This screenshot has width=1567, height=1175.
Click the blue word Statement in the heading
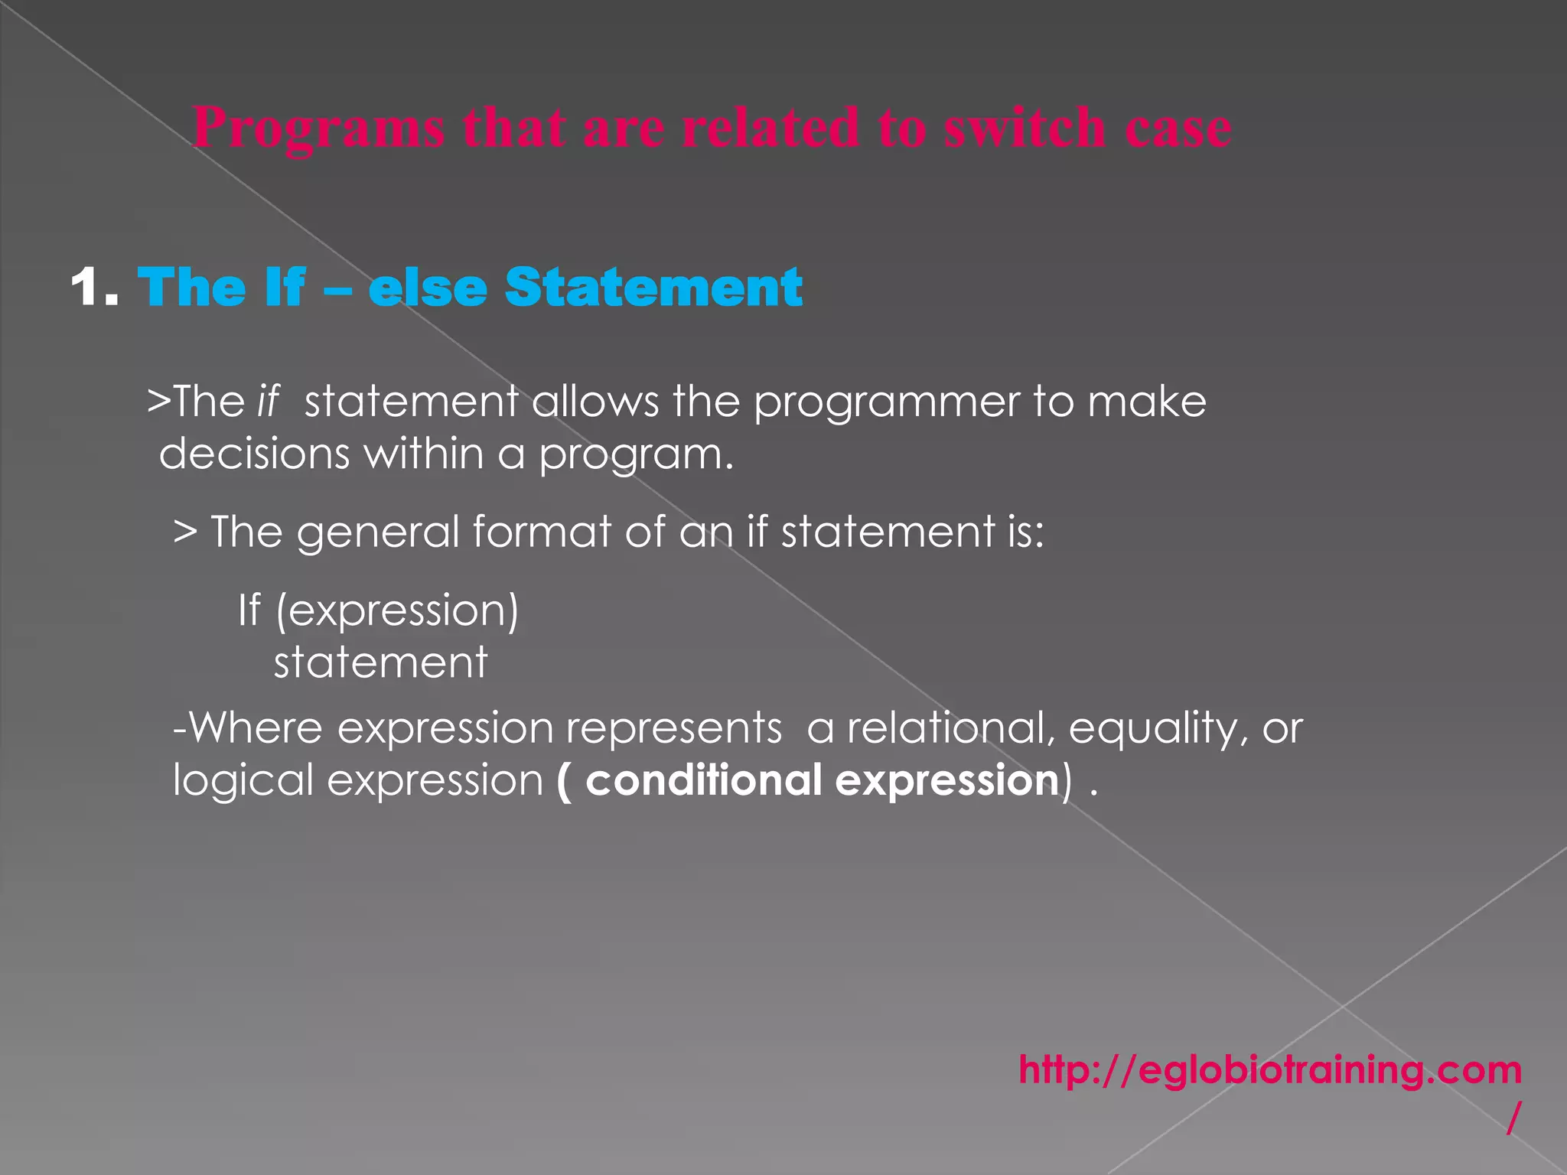(x=653, y=288)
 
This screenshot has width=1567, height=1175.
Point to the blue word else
(x=428, y=288)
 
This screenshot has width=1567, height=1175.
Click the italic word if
(x=269, y=402)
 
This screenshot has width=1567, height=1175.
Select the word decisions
(x=254, y=454)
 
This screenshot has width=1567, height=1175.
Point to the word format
(x=542, y=532)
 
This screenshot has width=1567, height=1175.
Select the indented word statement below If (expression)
(x=380, y=662)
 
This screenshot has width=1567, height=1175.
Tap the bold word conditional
(x=703, y=780)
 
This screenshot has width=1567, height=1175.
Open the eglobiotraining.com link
(x=1269, y=1070)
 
